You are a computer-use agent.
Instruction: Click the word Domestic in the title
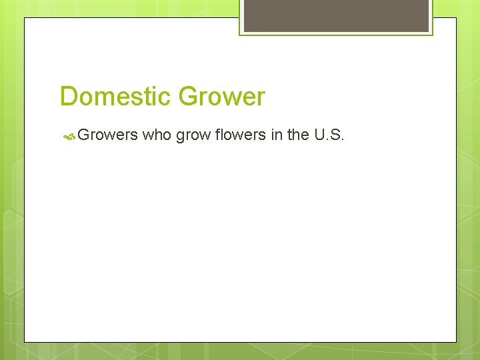[116, 97]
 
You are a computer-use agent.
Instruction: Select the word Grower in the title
[221, 97]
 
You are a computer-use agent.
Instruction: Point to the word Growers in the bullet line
[107, 135]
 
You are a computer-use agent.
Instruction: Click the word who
[157, 135]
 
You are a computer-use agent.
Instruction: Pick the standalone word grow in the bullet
[192, 136]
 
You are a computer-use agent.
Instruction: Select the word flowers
[239, 135]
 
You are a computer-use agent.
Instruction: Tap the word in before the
[277, 135]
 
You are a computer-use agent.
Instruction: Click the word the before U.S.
[297, 135]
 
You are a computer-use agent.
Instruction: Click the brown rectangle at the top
[336, 15]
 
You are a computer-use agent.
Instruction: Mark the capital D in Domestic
[68, 97]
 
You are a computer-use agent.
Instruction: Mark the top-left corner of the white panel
[25, 18]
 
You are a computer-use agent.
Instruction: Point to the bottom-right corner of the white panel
[456, 342]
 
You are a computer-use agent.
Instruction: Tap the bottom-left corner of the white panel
[25, 342]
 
